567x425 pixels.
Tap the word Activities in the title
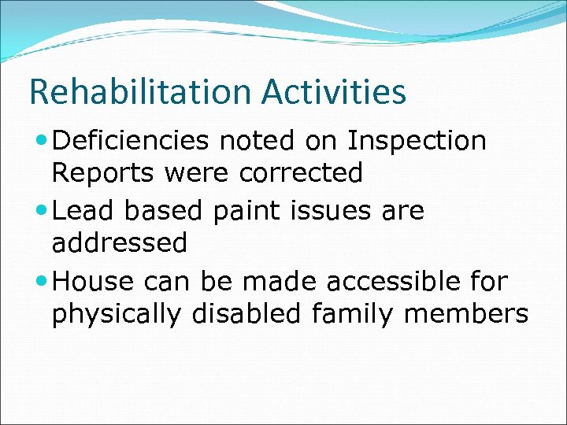[x=334, y=92]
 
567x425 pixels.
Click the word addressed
[x=120, y=243]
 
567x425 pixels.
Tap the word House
[x=93, y=281]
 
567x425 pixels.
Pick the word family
[x=349, y=315]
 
